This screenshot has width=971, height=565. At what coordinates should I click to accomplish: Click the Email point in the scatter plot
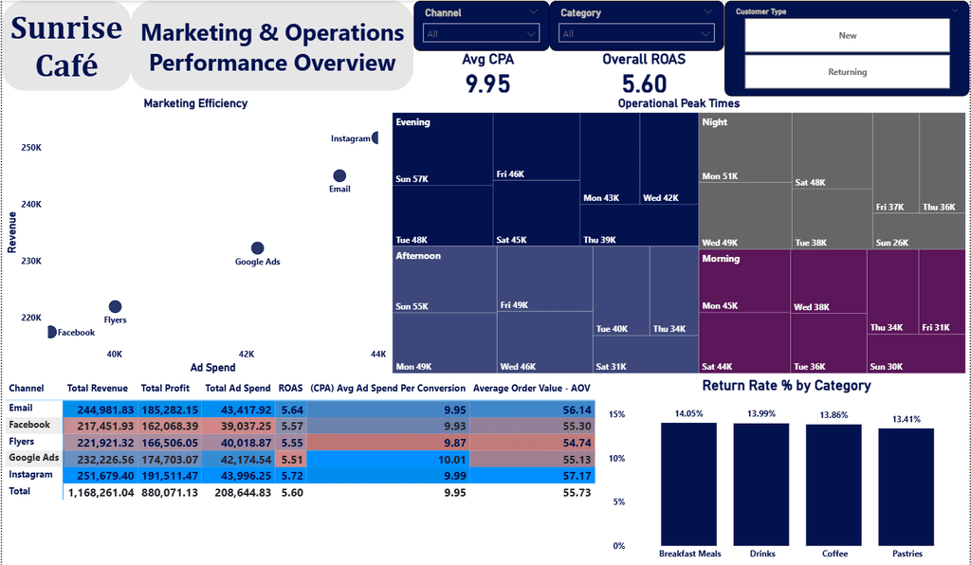click(339, 175)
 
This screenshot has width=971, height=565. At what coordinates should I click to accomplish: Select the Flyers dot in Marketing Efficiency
click(116, 306)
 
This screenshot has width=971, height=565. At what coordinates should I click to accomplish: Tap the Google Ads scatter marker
click(257, 248)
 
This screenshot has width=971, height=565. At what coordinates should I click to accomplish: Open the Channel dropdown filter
click(481, 34)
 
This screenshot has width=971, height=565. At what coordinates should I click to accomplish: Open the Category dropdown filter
click(636, 34)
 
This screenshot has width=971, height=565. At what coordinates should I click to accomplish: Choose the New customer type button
click(847, 36)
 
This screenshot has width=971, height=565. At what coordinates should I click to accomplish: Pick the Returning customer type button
click(847, 72)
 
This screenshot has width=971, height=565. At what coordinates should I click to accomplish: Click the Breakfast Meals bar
click(688, 483)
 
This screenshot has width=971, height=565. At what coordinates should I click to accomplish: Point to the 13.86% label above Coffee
click(834, 415)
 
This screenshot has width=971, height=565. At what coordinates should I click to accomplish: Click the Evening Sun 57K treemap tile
click(442, 149)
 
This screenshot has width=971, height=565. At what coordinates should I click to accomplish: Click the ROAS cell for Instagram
click(289, 474)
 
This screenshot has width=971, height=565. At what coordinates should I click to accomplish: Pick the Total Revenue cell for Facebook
click(98, 426)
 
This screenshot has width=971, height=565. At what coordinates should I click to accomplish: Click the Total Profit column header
click(165, 388)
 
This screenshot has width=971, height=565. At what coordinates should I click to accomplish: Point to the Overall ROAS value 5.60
click(644, 84)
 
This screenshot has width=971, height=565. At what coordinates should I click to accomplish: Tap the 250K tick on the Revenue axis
click(31, 148)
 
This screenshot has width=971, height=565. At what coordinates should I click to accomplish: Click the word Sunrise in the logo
click(66, 28)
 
